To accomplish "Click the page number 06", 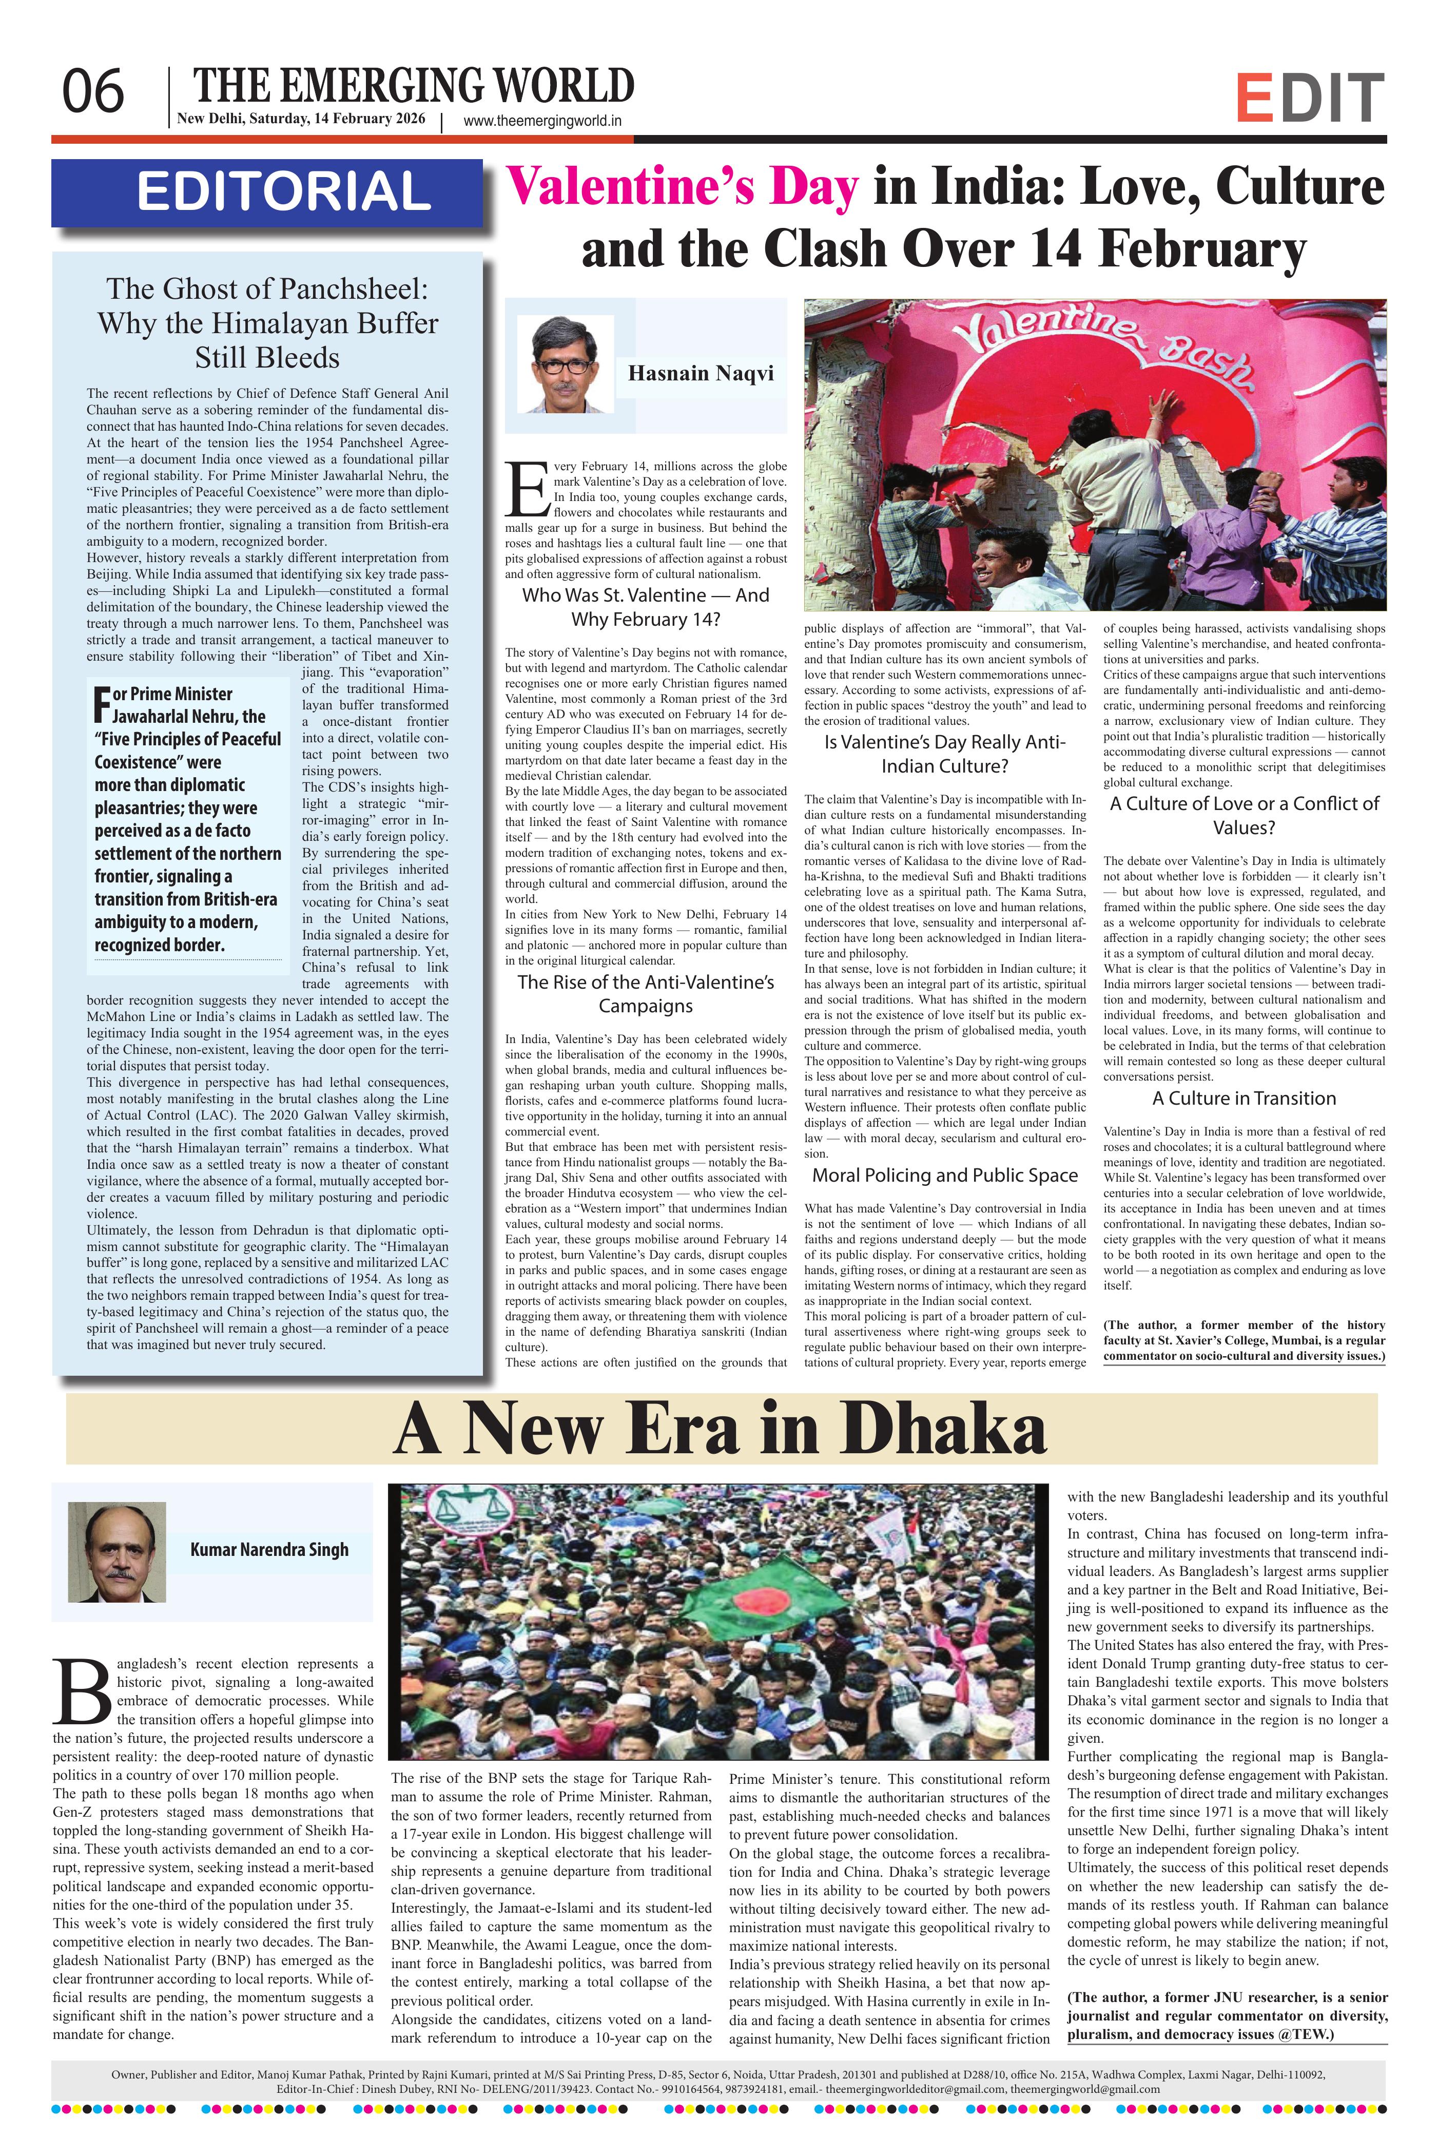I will tap(92, 92).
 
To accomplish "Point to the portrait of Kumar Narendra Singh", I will tap(116, 1552).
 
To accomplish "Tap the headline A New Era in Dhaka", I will tap(721, 1429).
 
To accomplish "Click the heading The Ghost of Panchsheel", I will tap(267, 323).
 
